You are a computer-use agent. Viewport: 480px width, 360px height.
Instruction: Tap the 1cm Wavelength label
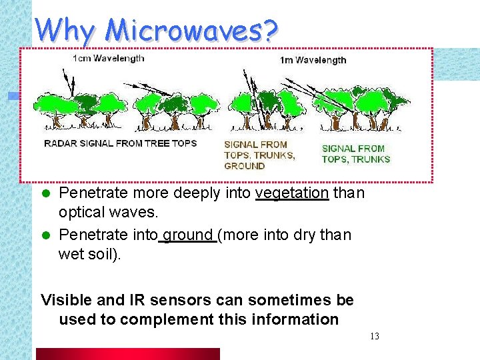click(x=108, y=59)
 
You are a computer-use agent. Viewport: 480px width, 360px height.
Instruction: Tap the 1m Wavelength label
click(x=313, y=60)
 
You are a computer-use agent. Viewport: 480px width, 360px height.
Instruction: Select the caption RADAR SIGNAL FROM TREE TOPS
click(x=120, y=143)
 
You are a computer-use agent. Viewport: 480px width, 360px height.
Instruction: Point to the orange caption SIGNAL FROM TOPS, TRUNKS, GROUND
click(x=259, y=155)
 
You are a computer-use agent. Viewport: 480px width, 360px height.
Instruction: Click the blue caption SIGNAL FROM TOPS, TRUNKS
click(x=355, y=154)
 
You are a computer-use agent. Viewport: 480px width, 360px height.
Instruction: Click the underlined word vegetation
click(x=292, y=193)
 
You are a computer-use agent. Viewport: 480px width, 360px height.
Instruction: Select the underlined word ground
click(x=188, y=235)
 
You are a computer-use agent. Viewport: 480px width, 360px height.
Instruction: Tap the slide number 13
click(x=374, y=336)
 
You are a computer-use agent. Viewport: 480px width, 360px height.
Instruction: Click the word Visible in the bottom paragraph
click(x=65, y=301)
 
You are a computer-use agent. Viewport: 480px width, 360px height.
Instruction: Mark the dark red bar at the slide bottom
click(x=127, y=354)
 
